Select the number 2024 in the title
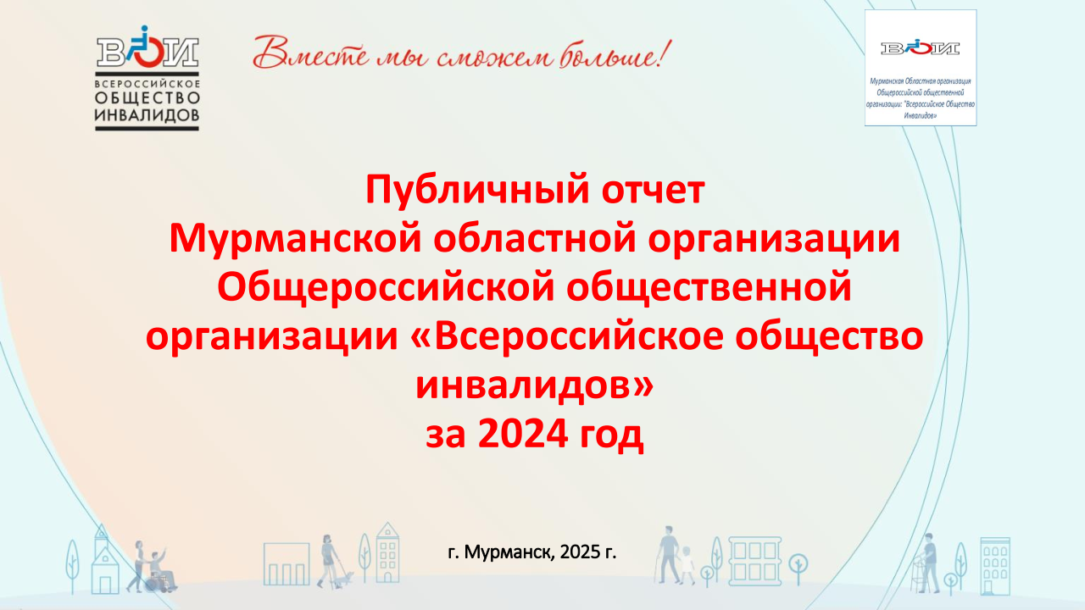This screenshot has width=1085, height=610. (x=522, y=434)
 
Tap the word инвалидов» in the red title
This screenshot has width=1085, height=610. (x=534, y=385)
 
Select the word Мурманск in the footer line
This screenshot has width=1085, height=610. (x=508, y=552)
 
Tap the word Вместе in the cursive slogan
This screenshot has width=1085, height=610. (x=310, y=53)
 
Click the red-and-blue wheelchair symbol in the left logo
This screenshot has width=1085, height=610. (x=145, y=47)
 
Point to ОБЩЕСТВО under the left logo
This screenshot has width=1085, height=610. (x=147, y=98)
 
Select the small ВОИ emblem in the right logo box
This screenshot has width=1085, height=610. (x=920, y=48)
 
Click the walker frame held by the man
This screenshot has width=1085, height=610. (x=920, y=574)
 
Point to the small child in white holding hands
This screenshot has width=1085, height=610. (x=687, y=565)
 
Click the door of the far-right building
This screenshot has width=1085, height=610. (x=988, y=587)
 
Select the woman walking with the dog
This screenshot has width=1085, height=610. (x=327, y=561)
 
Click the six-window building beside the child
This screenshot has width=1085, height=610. (x=754, y=561)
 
